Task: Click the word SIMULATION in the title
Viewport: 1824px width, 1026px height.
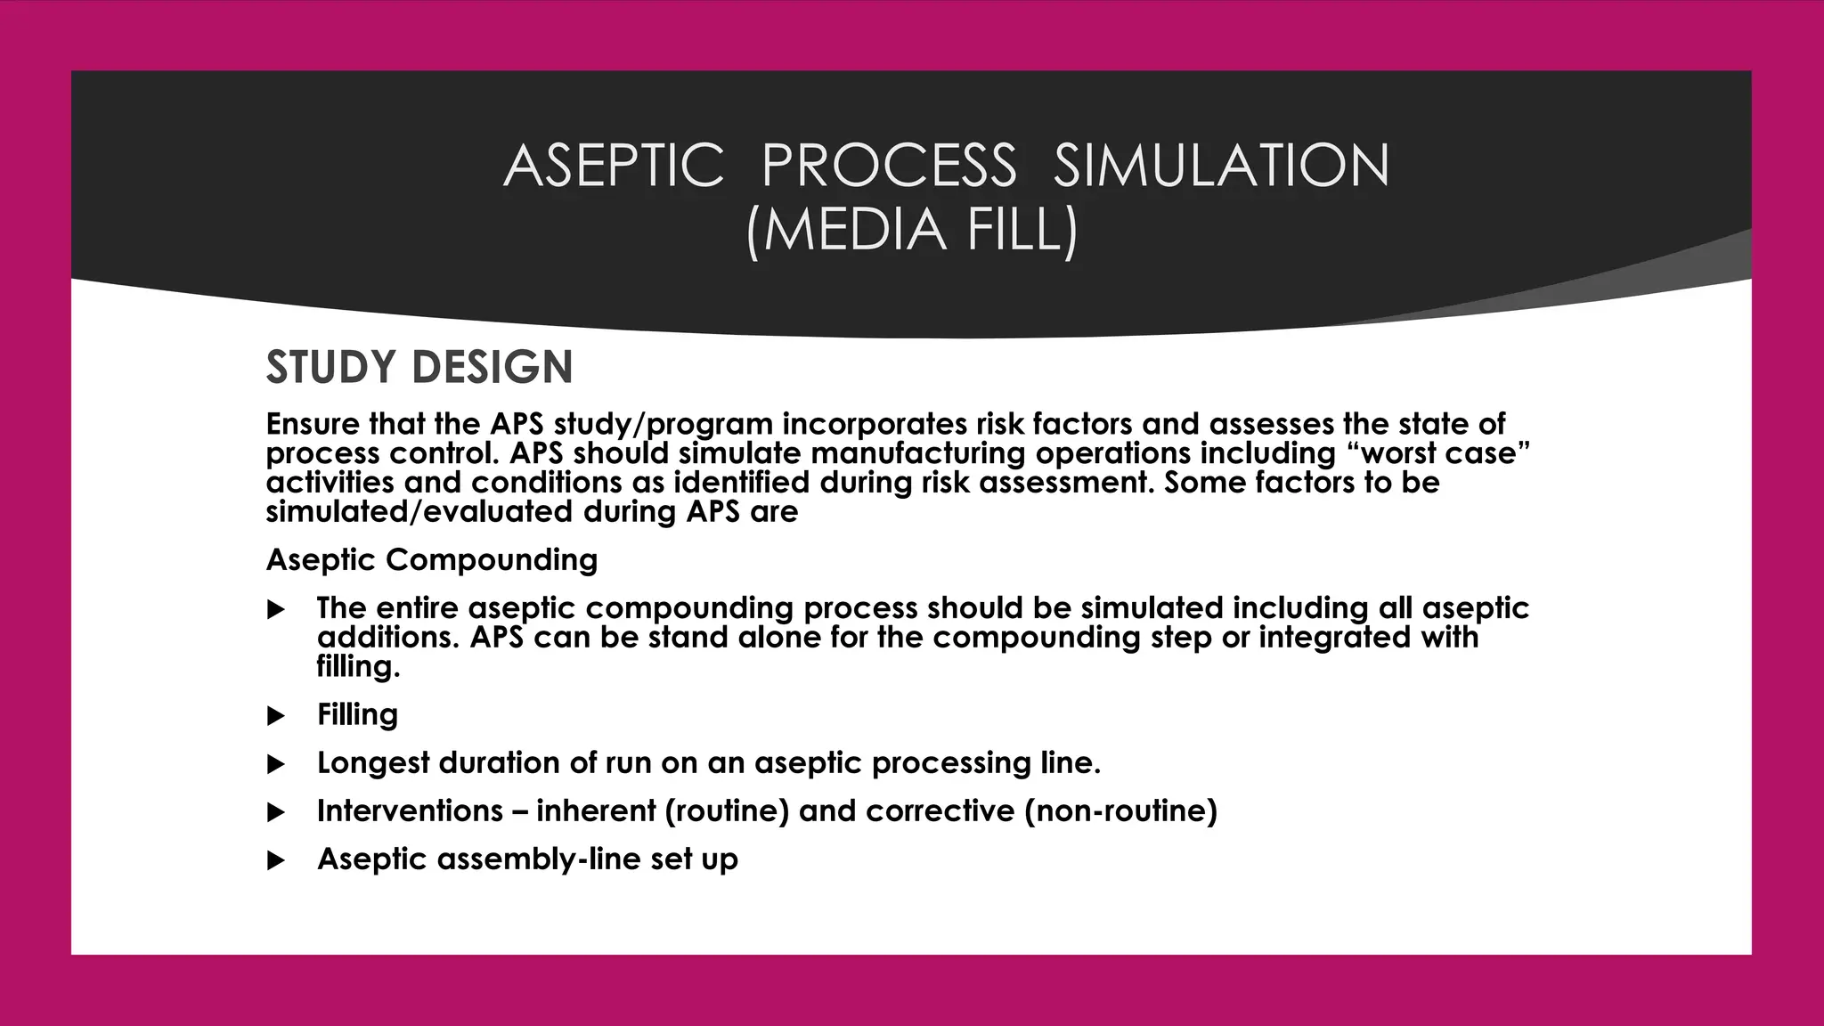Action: pos(1221,166)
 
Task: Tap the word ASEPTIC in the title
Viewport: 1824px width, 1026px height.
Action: pos(614,166)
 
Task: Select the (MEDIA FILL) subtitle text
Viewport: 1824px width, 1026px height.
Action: pos(912,230)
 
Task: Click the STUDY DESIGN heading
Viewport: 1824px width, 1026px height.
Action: pos(419,367)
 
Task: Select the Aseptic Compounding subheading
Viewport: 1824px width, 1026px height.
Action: pos(432,560)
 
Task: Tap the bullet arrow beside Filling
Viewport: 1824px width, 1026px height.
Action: pos(276,716)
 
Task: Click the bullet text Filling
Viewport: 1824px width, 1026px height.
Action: pos(357,714)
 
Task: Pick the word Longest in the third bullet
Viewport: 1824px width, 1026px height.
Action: pos(372,763)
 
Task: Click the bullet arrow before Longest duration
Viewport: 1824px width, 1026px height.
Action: pos(276,764)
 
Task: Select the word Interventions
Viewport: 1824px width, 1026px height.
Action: pos(410,811)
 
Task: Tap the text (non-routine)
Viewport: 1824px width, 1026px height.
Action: pos(1120,811)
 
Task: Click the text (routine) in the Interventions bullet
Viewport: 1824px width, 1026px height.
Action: pos(727,811)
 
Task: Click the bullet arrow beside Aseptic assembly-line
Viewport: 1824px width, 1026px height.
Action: pos(276,860)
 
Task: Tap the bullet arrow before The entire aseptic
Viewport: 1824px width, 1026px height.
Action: pos(276,610)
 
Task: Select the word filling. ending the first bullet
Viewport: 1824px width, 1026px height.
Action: pos(358,666)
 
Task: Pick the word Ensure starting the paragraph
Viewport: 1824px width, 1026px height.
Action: pos(312,424)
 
